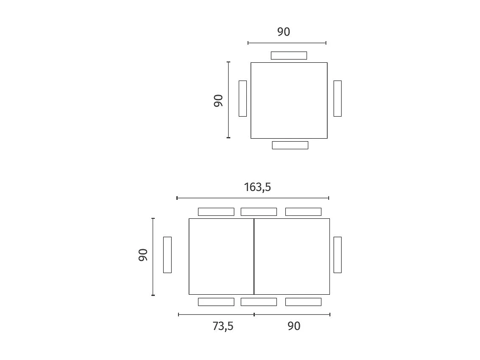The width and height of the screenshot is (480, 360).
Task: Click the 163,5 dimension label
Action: pyautogui.click(x=257, y=187)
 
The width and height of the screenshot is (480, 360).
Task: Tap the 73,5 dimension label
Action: pyautogui.click(x=223, y=327)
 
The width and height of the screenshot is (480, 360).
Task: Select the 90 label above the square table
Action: pyautogui.click(x=284, y=32)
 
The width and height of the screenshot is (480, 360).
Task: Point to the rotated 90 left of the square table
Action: pyautogui.click(x=218, y=101)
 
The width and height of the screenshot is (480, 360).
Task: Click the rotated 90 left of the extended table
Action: pyautogui.click(x=143, y=255)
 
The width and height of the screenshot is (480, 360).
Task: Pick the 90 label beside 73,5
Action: pyautogui.click(x=294, y=326)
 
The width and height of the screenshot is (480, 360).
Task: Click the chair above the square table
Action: pyautogui.click(x=289, y=56)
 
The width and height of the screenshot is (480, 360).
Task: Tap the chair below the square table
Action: pyautogui.click(x=290, y=145)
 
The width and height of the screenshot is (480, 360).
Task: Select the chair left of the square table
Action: pyautogui.click(x=243, y=98)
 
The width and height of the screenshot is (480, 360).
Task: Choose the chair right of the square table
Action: pyautogui.click(x=338, y=98)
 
